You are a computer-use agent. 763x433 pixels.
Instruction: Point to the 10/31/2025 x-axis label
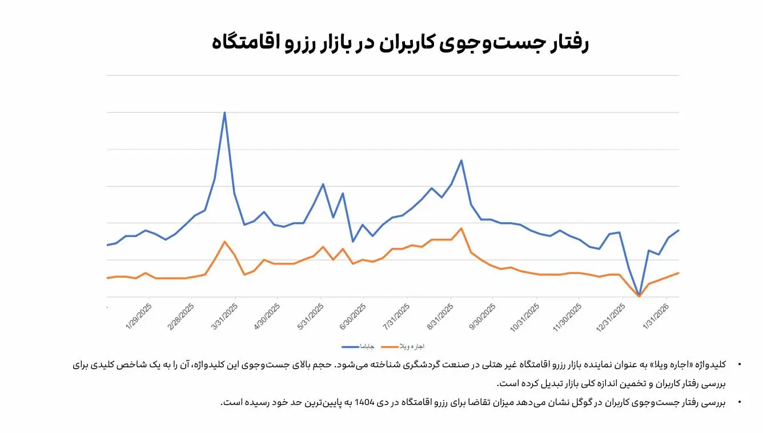(525, 317)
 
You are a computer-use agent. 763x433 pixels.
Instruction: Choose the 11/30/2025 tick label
(568, 317)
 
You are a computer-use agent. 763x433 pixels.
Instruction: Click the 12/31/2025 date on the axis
(611, 317)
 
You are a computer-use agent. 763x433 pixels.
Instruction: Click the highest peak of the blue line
(224, 113)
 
